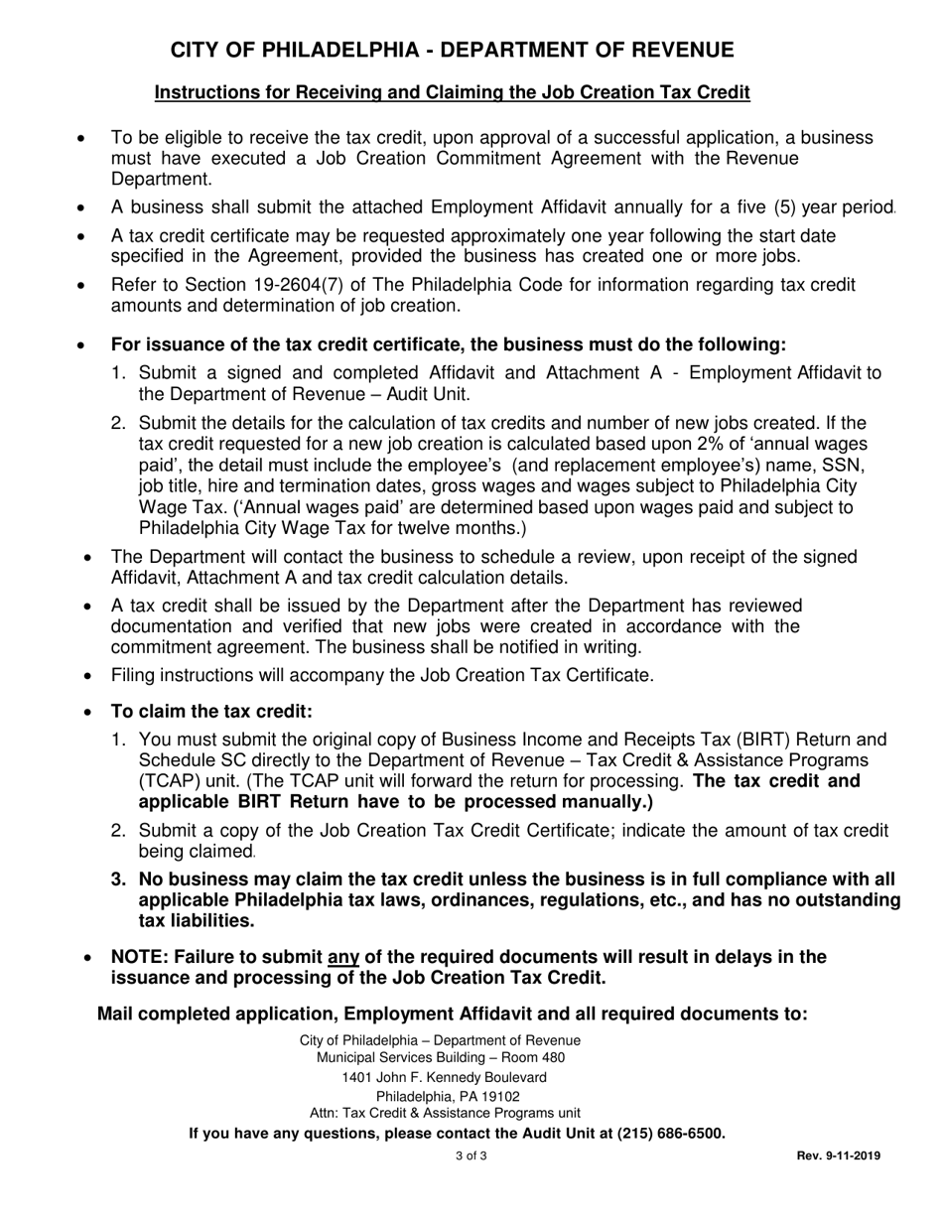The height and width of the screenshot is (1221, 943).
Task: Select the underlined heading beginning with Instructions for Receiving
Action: [x=452, y=92]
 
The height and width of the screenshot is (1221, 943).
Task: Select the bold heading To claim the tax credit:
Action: [x=211, y=712]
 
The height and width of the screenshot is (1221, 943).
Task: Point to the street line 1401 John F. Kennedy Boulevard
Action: [x=444, y=1077]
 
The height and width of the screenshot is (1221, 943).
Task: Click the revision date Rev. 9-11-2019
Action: [x=838, y=1155]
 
